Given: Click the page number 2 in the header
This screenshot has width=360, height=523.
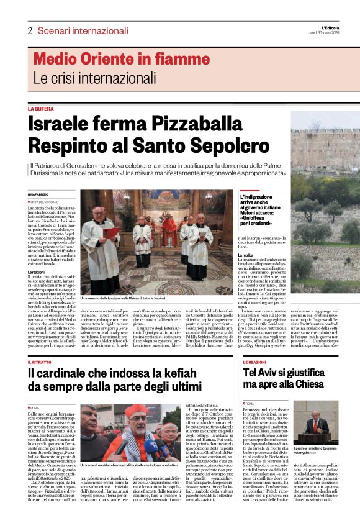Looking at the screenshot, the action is pyautogui.click(x=29, y=30).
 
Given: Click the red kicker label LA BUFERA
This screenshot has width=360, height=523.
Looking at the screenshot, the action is pyautogui.click(x=41, y=108).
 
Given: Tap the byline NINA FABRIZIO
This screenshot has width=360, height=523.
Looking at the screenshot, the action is pyautogui.click(x=38, y=195).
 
